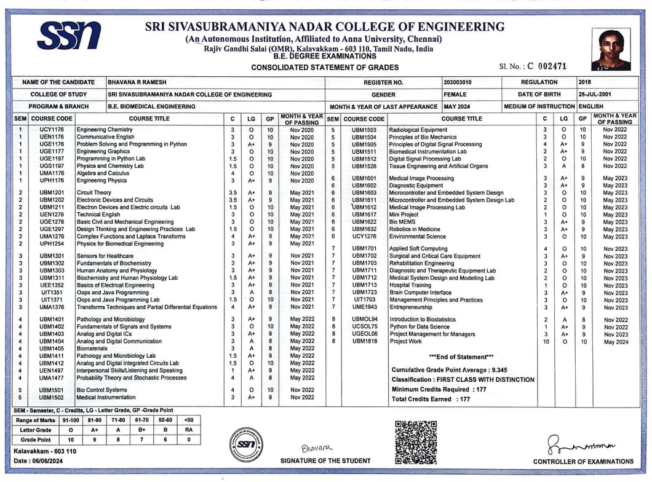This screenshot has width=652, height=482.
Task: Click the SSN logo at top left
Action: (x=68, y=35)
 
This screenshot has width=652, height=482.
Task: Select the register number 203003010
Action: (x=458, y=82)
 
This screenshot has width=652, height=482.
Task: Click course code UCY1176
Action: (x=52, y=130)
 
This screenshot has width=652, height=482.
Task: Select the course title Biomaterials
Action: (x=92, y=349)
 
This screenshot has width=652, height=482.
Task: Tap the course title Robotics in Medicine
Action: (x=415, y=229)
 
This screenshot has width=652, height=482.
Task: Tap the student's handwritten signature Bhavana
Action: (x=317, y=448)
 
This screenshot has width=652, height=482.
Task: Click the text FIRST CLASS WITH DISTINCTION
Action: (x=488, y=380)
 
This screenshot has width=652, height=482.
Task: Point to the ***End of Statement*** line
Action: (x=461, y=357)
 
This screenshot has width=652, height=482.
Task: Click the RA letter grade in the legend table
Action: (x=188, y=430)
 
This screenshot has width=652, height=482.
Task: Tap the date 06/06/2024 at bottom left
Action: (x=47, y=461)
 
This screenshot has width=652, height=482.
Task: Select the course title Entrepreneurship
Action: (x=410, y=307)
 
